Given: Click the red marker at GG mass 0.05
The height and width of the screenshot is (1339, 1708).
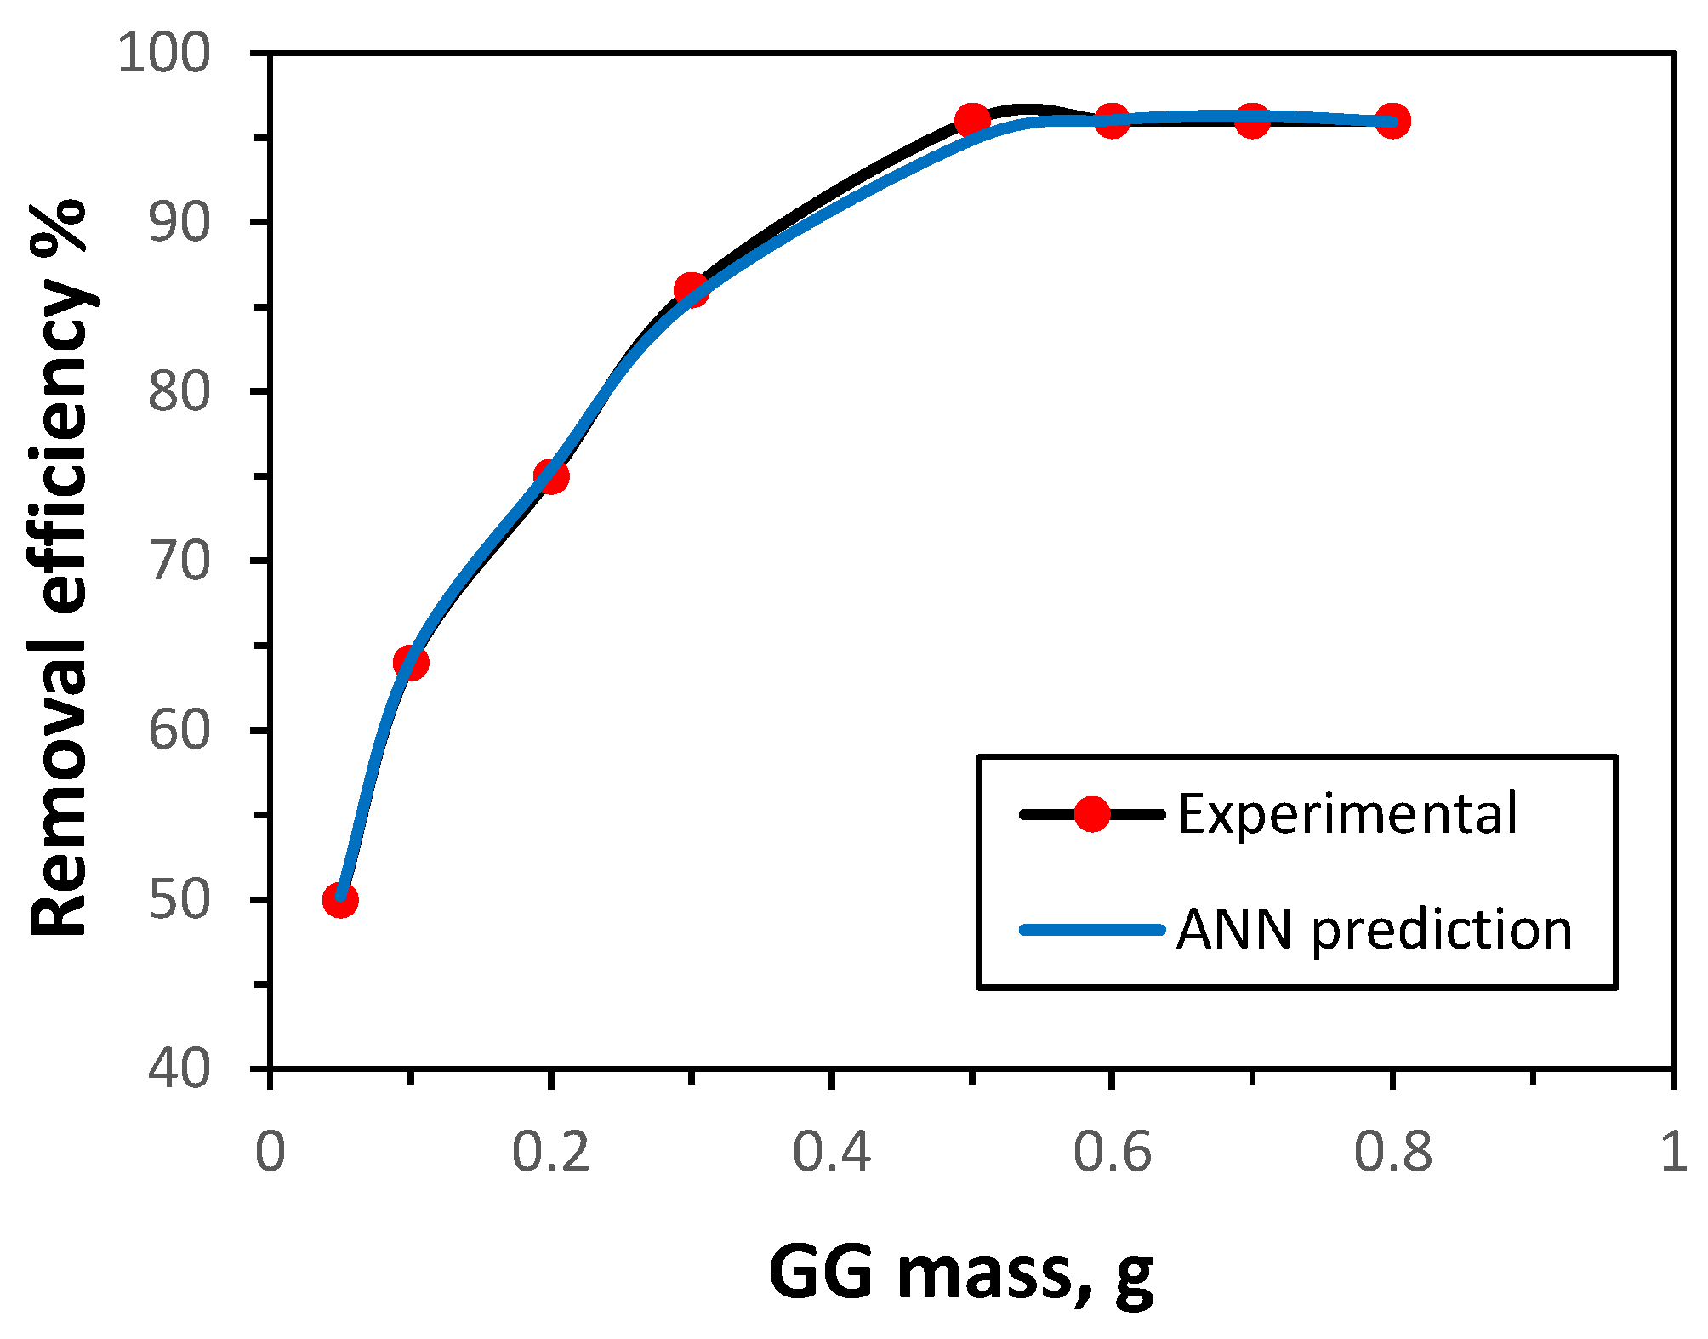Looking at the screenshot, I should [340, 899].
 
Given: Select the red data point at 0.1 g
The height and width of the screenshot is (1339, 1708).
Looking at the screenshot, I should [411, 662].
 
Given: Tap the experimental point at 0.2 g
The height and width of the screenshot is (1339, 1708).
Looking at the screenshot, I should [551, 476].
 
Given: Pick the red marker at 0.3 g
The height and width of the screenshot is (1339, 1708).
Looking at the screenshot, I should [691, 290].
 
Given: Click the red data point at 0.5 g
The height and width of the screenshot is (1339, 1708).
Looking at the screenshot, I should [972, 120].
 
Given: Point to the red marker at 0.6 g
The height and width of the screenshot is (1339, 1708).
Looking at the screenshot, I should [1112, 120].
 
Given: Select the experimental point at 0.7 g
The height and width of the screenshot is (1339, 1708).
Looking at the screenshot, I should [1252, 120].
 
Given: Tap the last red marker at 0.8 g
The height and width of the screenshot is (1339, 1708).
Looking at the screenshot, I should [1392, 121].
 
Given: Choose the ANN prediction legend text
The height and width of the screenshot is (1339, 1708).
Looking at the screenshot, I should [1374, 929].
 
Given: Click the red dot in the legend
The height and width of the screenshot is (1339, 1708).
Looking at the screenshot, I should [1091, 814].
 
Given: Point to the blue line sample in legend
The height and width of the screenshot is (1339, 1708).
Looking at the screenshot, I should [1092, 930].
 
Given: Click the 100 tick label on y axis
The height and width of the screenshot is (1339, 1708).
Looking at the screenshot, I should [162, 54].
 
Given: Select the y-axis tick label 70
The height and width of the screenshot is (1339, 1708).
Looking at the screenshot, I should [179, 561].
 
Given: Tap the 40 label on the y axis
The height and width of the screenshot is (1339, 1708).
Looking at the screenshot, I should [179, 1068].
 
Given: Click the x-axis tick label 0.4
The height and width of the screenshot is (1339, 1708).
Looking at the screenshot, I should [831, 1154].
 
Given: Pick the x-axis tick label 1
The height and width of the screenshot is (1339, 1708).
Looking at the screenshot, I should [1673, 1154].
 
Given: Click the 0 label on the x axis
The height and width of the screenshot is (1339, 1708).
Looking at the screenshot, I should [270, 1154].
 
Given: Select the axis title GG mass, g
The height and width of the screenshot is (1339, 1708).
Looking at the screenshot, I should [960, 1273].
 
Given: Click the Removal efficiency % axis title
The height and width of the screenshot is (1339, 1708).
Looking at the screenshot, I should [60, 567].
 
